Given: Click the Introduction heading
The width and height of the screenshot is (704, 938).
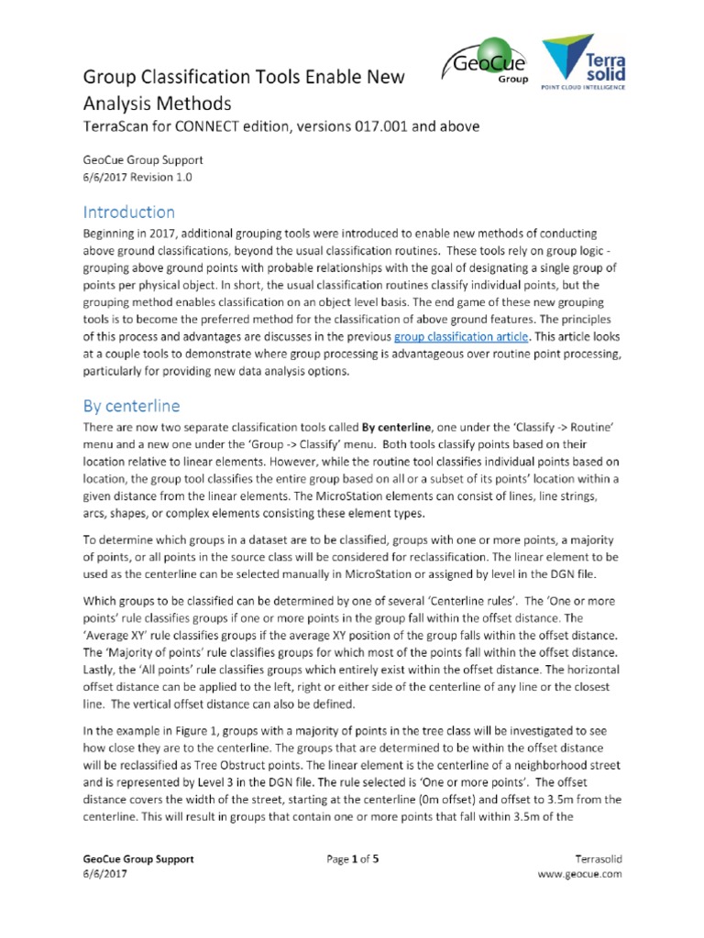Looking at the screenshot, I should (128, 212).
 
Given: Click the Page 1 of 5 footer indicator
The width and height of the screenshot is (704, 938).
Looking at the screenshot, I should (352, 859).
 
